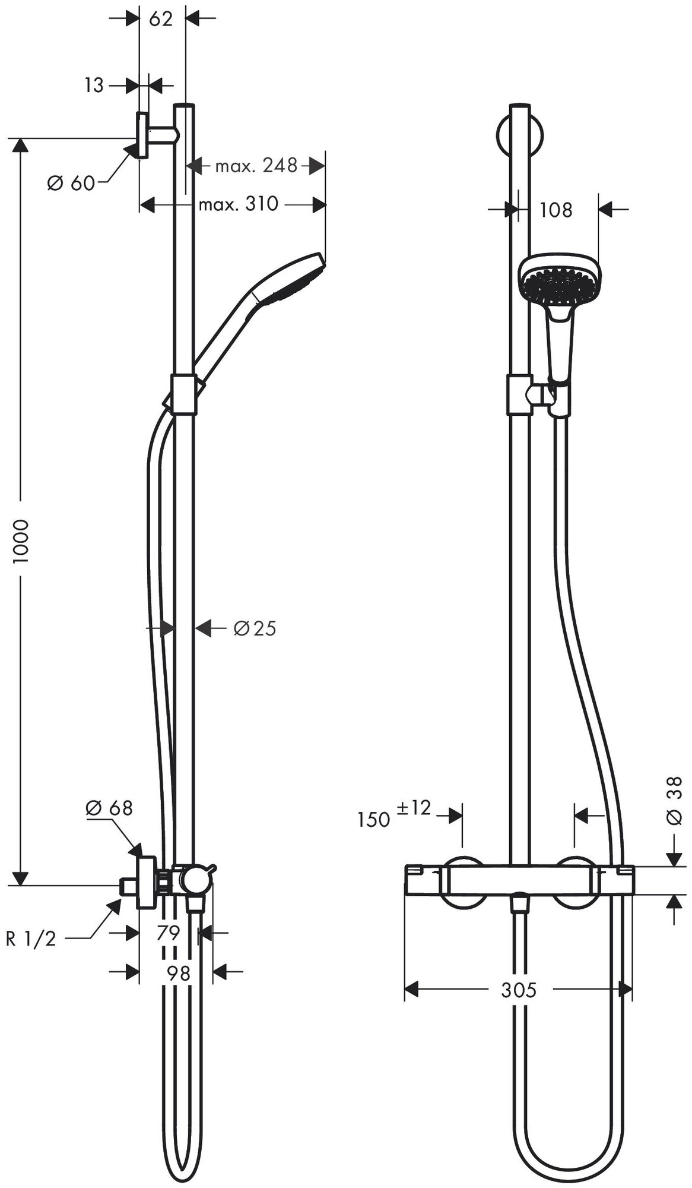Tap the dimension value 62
coord(161,19)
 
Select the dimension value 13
coord(94,86)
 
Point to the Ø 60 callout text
coord(71,184)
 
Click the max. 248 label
coord(256,165)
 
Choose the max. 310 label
coord(238,204)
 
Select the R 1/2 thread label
coord(31,939)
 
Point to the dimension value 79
coord(168,933)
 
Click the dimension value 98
coord(179,973)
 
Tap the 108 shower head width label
coord(556,210)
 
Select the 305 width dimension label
coord(518,990)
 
